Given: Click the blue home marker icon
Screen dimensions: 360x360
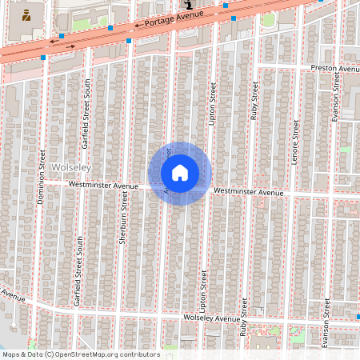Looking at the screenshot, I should click(x=179, y=173).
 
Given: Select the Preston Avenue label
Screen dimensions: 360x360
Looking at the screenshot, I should click(x=335, y=69).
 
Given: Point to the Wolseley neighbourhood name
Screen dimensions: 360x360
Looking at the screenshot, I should click(x=71, y=166).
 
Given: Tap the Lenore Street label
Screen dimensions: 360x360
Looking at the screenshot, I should click(x=295, y=142).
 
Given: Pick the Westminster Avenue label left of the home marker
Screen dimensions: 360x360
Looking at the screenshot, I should click(x=98, y=185).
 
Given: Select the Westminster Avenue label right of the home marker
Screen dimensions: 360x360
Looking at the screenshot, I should click(x=249, y=193).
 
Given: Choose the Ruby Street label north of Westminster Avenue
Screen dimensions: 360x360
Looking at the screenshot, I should click(x=254, y=101).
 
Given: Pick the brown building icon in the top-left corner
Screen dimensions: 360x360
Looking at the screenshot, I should click(x=27, y=14).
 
